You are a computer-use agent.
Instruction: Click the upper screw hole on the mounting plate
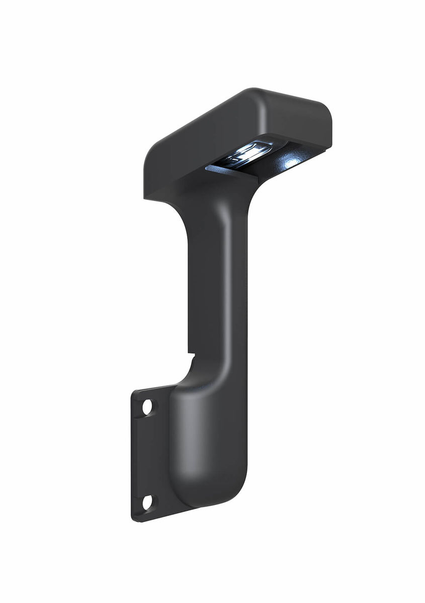[x=147, y=407]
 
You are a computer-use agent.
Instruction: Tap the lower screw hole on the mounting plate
[x=147, y=501]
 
